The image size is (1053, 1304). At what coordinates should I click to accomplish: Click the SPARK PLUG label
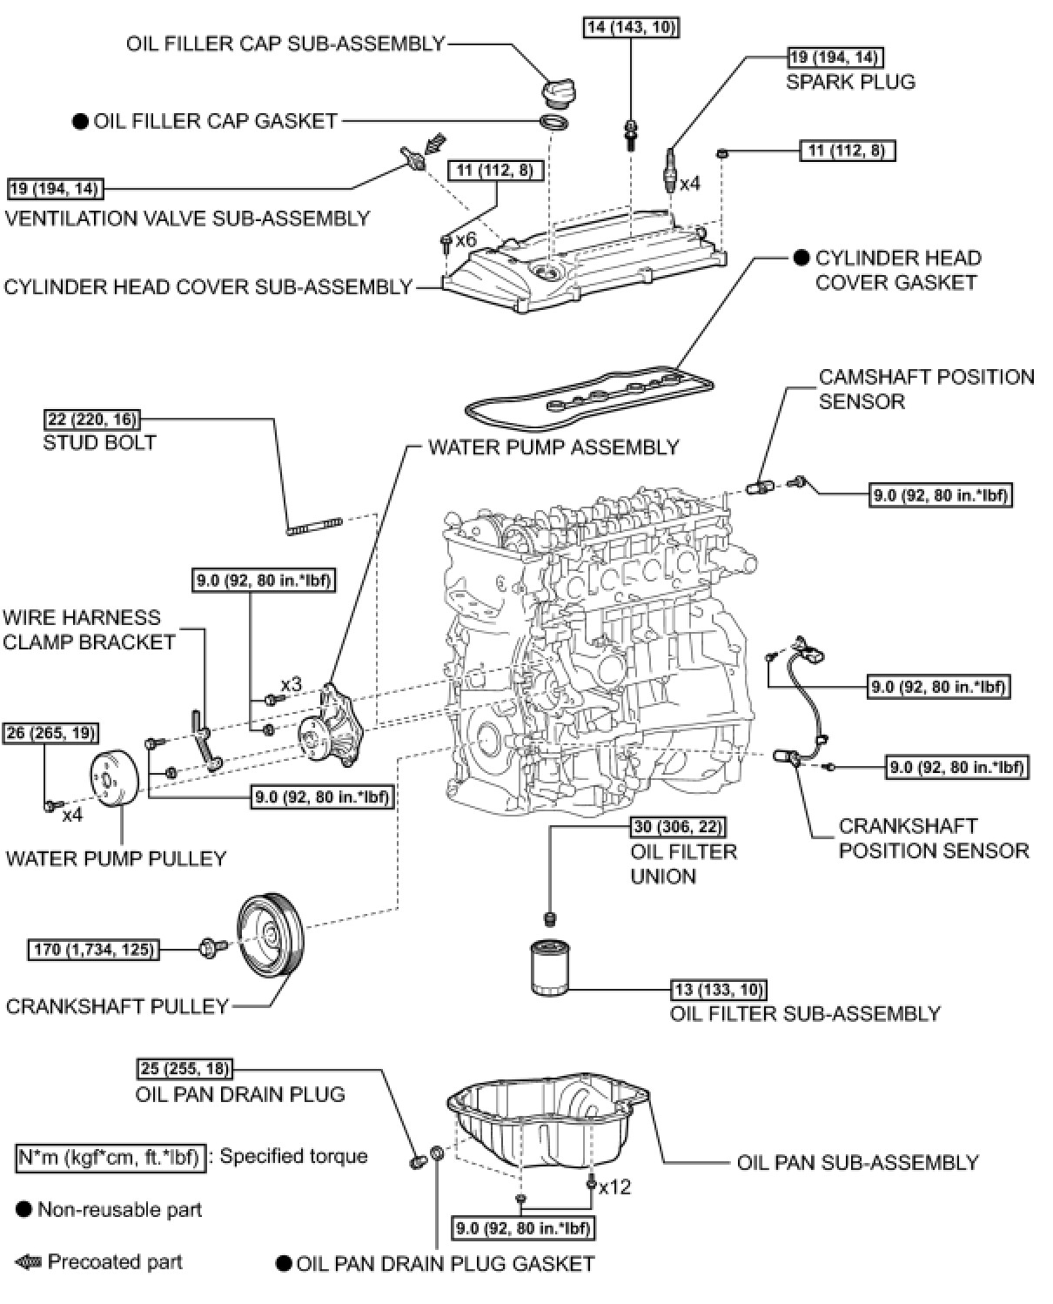850,82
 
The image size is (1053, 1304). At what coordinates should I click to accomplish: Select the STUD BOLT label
99,442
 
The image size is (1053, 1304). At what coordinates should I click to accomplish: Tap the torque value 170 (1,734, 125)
93,949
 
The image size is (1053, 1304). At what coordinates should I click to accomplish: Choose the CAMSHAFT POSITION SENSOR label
926,389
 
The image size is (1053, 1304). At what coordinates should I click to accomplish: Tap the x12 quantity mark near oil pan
614,1186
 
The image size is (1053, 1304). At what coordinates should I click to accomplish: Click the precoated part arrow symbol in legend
30,1262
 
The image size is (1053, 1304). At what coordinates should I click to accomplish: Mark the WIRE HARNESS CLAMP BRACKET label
89,630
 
